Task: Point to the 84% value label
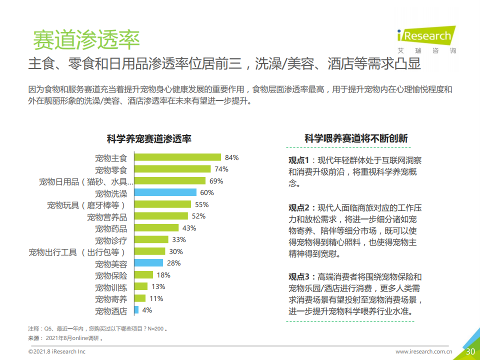[x=231, y=157]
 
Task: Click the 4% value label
[x=147, y=310]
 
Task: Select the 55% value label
[x=201, y=204]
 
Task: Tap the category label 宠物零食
[x=111, y=169]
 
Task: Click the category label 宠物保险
[x=111, y=275]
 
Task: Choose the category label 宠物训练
[x=111, y=287]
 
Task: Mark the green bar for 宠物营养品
[x=161, y=216]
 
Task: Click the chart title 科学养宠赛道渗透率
[x=149, y=139]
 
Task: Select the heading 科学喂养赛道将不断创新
[x=356, y=139]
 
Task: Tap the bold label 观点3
[x=299, y=277]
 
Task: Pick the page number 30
[x=470, y=351]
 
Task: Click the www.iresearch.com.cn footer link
[x=424, y=352]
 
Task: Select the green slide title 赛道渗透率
[x=86, y=40]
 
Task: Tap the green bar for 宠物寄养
[x=140, y=299]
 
